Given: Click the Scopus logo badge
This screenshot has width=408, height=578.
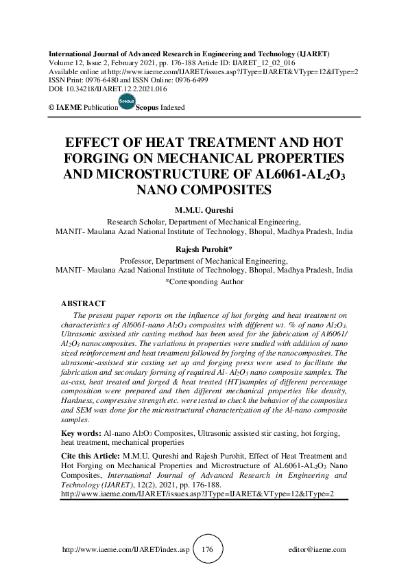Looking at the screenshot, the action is coord(127,103).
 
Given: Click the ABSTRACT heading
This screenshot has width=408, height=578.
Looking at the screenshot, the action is coord(83,303).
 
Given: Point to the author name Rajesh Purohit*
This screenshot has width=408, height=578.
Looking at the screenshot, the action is coord(204,251).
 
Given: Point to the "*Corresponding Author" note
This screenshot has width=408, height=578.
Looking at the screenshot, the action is coord(204,281).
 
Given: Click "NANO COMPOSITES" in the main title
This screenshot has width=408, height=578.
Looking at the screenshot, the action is coord(204,187).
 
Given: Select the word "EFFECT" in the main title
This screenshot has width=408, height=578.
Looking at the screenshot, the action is coord(94,144).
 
